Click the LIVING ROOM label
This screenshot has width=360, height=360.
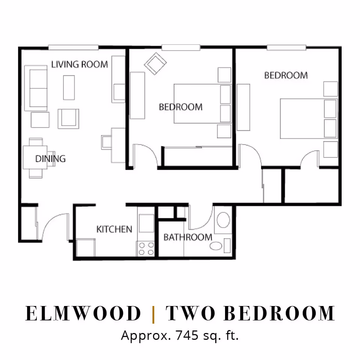[x=79, y=64]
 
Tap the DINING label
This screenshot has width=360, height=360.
[x=50, y=159]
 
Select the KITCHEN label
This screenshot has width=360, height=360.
[x=114, y=229]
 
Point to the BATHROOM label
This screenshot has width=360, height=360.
[x=187, y=237]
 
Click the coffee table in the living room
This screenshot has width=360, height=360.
[x=69, y=87]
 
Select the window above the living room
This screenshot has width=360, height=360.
[x=73, y=47]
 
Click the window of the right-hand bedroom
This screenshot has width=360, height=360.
[x=286, y=48]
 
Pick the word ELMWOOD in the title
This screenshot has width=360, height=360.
[x=83, y=313]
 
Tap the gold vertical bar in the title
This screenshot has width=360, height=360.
[x=153, y=313]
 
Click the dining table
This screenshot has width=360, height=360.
[x=36, y=157]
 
